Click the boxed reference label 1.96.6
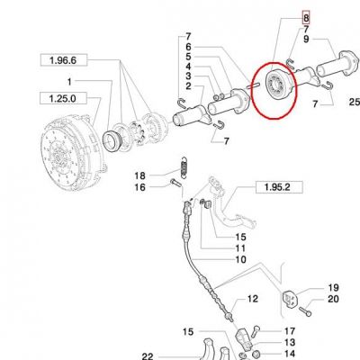(x=64, y=60)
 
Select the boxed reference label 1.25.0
(x=63, y=98)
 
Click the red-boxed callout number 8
(x=306, y=18)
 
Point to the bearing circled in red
(x=277, y=85)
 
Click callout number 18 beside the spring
(x=139, y=175)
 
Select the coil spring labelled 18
(x=184, y=168)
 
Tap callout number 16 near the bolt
(x=139, y=187)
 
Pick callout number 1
(x=69, y=82)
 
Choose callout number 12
(x=253, y=299)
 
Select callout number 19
(x=334, y=288)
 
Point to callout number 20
(x=333, y=299)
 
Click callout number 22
(x=148, y=356)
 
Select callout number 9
(x=306, y=39)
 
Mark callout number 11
(x=241, y=248)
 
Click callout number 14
(x=290, y=354)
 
